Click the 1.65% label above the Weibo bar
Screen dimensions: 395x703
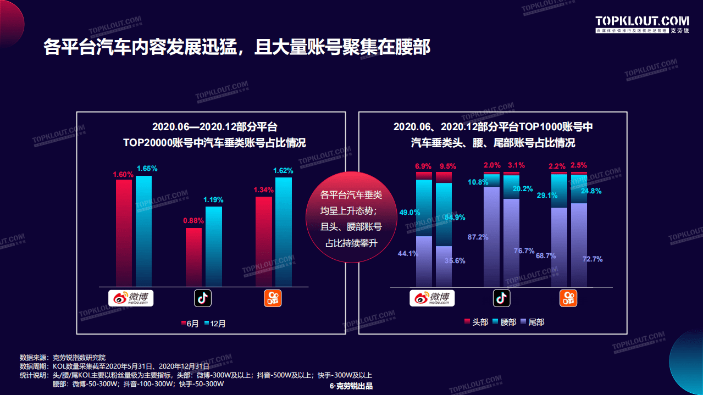pyautogui.click(x=147, y=169)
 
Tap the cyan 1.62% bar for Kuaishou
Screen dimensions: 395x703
pyautogui.click(x=284, y=231)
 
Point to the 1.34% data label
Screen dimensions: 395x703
pyautogui.click(x=264, y=190)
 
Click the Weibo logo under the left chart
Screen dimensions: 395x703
pyautogui.click(x=130, y=298)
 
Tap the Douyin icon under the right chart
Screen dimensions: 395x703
pyautogui.click(x=501, y=298)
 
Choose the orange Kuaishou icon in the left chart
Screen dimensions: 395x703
pyautogui.click(x=273, y=298)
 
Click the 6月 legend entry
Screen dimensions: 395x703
pyautogui.click(x=190, y=324)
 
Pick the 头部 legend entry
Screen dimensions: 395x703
pyautogui.click(x=476, y=322)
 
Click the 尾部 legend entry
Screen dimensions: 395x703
pyautogui.click(x=532, y=322)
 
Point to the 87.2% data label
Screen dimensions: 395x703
pyautogui.click(x=478, y=237)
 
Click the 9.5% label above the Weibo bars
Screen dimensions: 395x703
pyautogui.click(x=448, y=166)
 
